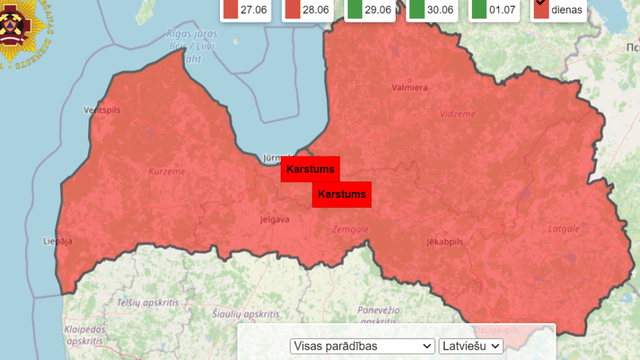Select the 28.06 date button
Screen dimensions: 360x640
click(307, 10)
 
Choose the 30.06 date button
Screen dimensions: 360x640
click(431, 10)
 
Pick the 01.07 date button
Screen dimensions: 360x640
click(494, 10)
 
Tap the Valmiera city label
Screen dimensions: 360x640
click(409, 87)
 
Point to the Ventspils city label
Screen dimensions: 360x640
click(102, 111)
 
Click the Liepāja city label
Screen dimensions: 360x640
click(57, 241)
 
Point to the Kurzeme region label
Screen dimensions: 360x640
click(166, 171)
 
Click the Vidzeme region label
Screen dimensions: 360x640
click(457, 114)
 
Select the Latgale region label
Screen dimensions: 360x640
click(564, 229)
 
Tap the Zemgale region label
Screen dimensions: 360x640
click(350, 229)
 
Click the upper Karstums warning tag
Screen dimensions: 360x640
click(310, 169)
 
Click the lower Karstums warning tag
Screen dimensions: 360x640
click(342, 194)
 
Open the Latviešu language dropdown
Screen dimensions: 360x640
click(471, 346)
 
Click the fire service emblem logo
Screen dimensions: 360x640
click(22, 31)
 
